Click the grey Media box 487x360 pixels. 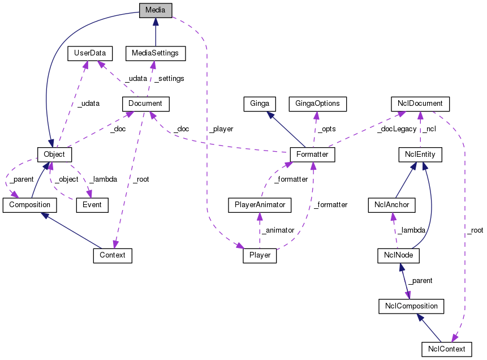point(156,10)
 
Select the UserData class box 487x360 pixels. point(89,53)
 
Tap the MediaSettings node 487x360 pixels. point(155,53)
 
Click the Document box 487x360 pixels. point(145,104)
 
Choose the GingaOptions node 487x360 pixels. point(317,104)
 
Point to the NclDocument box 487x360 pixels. point(420,104)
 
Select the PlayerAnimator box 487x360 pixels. point(259,204)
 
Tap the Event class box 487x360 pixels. point(92,204)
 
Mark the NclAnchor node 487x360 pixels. point(392,204)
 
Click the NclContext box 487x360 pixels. point(446,349)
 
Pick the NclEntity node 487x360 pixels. point(420,154)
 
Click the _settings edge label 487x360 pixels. point(169,78)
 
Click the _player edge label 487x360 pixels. point(221,129)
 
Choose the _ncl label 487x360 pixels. point(429,129)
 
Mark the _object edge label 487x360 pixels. point(66,179)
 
